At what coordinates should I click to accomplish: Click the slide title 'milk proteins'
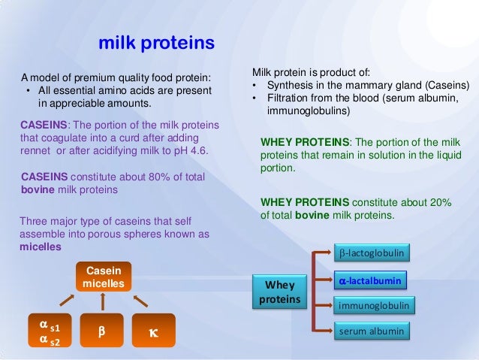point(157,43)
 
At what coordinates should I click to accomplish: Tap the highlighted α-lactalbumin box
point(369,280)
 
